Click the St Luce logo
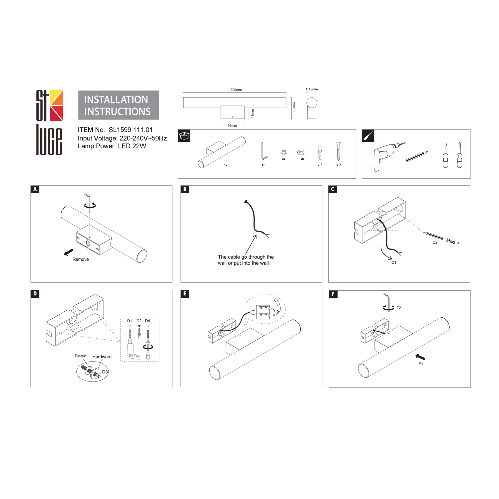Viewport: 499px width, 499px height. pyautogui.click(x=49, y=123)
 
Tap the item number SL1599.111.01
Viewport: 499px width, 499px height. pyautogui.click(x=130, y=130)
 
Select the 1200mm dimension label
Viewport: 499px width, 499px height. pyautogui.click(x=235, y=90)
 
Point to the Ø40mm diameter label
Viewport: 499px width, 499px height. pyautogui.click(x=312, y=89)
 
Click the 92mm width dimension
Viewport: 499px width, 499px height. pyautogui.click(x=232, y=126)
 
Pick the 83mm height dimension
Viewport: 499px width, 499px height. pyautogui.click(x=294, y=107)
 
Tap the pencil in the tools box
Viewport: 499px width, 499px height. pyautogui.click(x=417, y=156)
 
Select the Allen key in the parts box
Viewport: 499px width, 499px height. pyautogui.click(x=264, y=151)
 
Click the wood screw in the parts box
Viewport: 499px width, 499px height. pyautogui.click(x=338, y=151)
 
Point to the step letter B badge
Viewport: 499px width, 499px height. pyautogui.click(x=185, y=189)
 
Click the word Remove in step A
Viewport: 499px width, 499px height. pyautogui.click(x=81, y=259)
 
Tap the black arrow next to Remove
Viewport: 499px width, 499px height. pyautogui.click(x=68, y=252)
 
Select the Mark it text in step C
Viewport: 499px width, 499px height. pyautogui.click(x=453, y=242)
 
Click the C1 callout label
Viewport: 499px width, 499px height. pyautogui.click(x=394, y=263)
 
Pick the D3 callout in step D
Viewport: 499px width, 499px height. pyautogui.click(x=105, y=372)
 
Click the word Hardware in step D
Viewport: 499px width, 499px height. pyautogui.click(x=102, y=357)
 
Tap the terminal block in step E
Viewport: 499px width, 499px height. pyautogui.click(x=263, y=312)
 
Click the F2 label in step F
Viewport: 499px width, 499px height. pyautogui.click(x=399, y=308)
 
